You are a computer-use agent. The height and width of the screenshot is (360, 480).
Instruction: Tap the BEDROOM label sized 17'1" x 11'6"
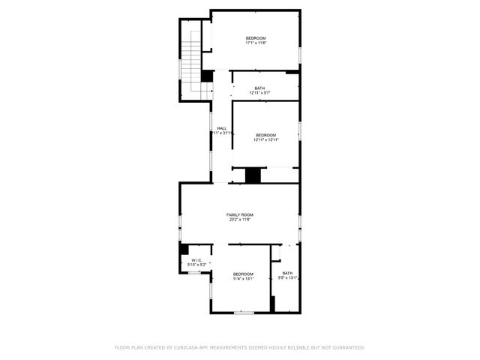256,37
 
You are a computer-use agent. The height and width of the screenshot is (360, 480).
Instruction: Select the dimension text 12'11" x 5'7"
259,93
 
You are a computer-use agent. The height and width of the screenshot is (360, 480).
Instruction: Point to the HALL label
222,128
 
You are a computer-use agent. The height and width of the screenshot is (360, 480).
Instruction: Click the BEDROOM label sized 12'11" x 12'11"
265,135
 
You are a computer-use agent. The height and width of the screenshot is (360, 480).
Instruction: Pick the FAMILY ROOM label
240,214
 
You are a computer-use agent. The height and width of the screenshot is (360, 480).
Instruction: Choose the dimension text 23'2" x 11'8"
240,220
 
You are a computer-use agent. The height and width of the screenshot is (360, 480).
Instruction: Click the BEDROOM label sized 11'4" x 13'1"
243,274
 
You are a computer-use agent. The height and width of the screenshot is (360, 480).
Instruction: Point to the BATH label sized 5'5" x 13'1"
287,273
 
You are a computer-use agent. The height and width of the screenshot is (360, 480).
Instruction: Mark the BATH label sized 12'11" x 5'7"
259,88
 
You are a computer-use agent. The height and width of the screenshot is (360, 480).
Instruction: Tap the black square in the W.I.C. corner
183,250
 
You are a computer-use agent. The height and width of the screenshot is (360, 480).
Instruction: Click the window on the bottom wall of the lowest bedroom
243,312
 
